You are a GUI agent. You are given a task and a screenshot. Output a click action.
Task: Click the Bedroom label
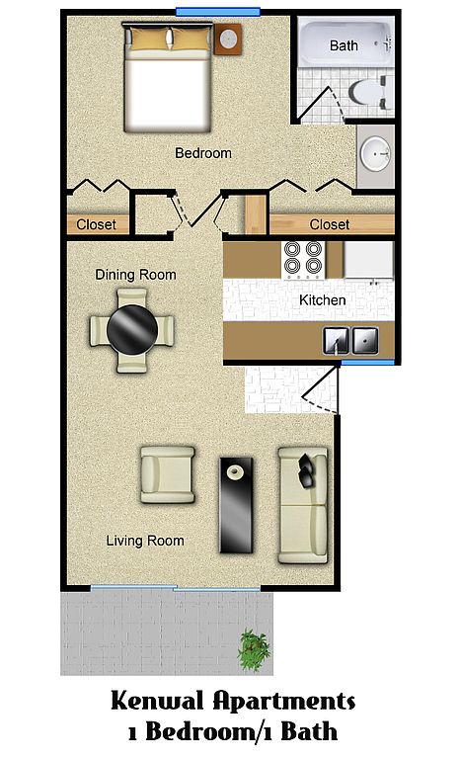tap(203, 153)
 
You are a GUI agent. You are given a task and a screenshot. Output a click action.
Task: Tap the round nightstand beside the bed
tap(228, 39)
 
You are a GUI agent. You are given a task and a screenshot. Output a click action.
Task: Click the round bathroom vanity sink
tap(376, 153)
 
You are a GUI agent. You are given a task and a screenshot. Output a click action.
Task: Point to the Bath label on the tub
tap(344, 46)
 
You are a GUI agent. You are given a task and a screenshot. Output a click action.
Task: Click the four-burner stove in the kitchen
tap(303, 260)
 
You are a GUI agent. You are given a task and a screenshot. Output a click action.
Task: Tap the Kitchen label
tap(322, 300)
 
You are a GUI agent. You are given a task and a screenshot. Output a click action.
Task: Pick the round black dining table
tap(132, 330)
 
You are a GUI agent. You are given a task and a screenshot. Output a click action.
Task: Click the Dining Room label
tap(135, 275)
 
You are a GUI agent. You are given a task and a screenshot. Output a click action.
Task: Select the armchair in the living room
tap(168, 474)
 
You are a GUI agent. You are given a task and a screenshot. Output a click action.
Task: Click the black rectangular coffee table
tap(236, 505)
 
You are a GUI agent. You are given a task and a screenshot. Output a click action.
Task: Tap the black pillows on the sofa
tap(306, 470)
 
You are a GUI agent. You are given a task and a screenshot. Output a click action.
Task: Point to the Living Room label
tap(145, 541)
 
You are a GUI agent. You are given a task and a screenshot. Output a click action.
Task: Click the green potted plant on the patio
tap(254, 649)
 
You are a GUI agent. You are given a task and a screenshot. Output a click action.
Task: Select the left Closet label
tap(97, 224)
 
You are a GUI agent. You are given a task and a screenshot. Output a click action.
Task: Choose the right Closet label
tap(330, 224)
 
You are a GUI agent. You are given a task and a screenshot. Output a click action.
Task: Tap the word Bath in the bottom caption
tap(309, 731)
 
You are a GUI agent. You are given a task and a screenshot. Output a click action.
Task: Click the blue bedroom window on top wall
tap(218, 12)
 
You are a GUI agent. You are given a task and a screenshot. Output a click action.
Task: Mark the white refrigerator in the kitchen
tap(368, 260)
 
